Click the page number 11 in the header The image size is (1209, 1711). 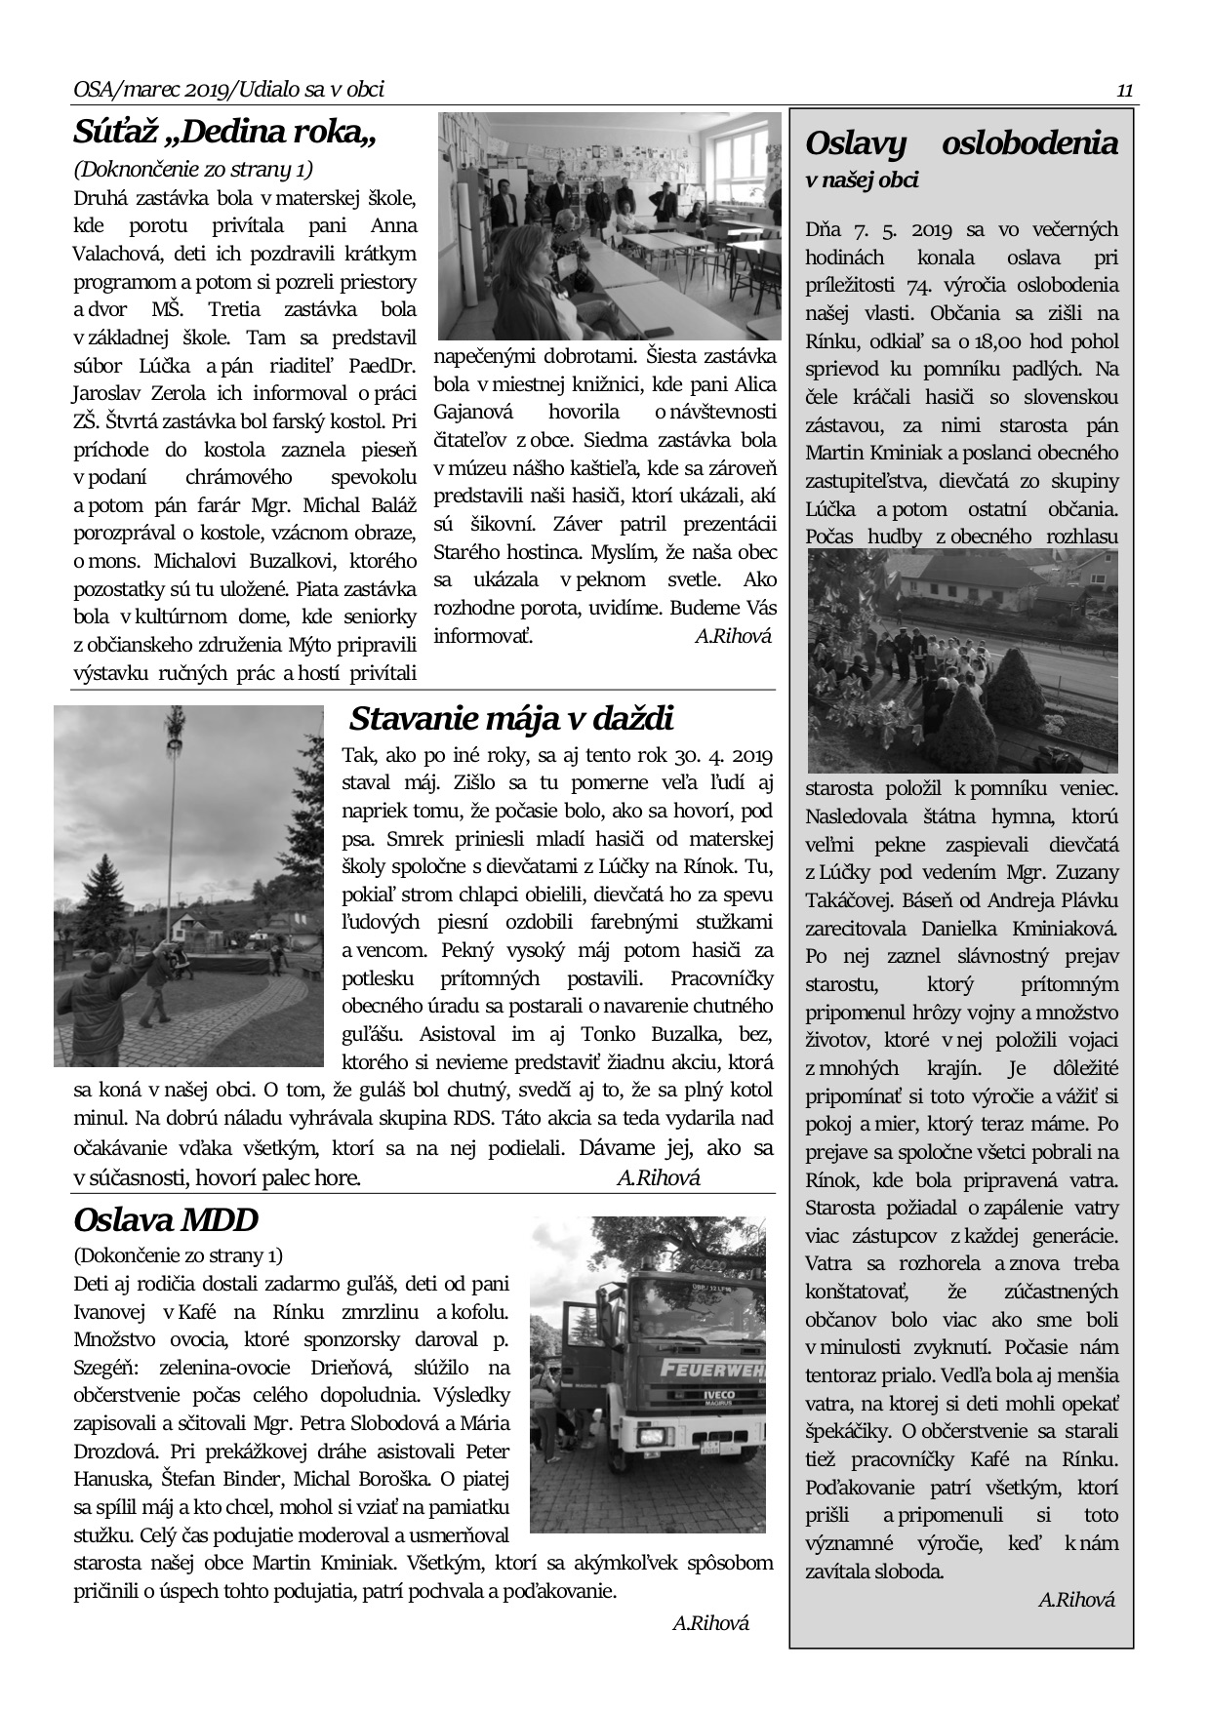1124,91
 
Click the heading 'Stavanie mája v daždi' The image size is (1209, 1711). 511,719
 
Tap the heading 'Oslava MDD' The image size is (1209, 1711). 166,1219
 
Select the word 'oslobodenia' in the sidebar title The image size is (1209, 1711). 1029,142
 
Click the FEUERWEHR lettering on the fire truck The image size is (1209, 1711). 712,1368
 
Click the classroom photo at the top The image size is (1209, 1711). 609,225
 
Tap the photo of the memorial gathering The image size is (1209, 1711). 962,660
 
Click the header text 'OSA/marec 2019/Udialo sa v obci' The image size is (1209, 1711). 228,90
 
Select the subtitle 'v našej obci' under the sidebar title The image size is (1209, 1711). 862,179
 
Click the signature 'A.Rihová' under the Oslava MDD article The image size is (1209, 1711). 710,1623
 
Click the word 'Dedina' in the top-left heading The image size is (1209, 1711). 227,131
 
